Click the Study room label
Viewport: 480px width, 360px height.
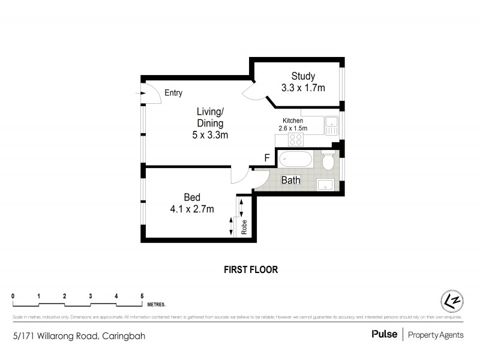coord(303,76)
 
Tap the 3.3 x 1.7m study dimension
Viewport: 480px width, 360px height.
coord(303,88)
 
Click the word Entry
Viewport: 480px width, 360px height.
coord(173,93)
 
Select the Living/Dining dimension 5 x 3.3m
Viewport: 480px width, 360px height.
coord(206,135)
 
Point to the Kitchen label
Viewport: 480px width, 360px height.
coord(293,121)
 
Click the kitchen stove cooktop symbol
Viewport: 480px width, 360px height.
coord(296,140)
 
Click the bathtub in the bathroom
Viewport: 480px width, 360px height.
coord(295,160)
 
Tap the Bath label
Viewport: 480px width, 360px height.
coord(291,180)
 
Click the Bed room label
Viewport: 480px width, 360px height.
coord(192,197)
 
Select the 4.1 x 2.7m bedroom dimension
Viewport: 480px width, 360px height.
coord(192,209)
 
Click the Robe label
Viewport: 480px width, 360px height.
coord(245,227)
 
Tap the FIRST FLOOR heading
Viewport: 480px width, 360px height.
coord(251,269)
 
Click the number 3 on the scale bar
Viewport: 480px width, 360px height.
coord(90,296)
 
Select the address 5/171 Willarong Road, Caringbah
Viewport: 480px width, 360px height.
coord(79,336)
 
